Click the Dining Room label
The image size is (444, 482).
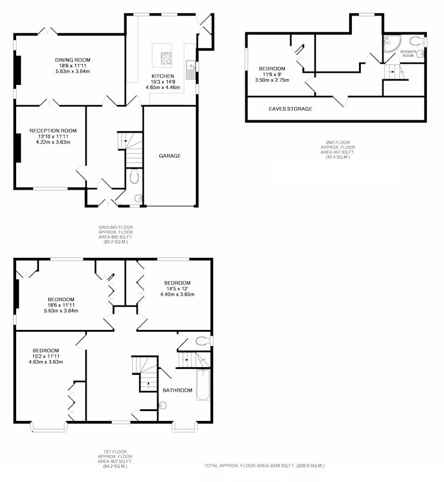pos(73,60)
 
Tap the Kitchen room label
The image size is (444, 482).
pos(163,76)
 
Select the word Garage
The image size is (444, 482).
pos(170,156)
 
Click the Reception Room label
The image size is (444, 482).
pos(53,131)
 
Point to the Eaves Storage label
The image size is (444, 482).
pos(290,109)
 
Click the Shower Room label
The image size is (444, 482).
pos(408,53)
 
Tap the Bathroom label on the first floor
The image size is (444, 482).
pos(178,390)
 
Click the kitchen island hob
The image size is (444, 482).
pos(166,58)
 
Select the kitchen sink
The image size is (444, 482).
pos(190,70)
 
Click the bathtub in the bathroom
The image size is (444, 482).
pos(203,385)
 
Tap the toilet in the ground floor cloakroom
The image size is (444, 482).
pos(134,177)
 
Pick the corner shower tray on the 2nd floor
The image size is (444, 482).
pos(392,44)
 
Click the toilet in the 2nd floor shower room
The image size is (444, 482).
pos(417,40)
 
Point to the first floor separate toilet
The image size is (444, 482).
pos(203,341)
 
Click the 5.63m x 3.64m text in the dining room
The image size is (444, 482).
pos(73,72)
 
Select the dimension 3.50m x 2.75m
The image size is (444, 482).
pos(272,80)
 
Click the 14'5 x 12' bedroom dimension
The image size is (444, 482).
pos(177,288)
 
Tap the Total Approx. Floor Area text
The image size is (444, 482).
pos(264,466)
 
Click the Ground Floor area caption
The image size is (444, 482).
pos(115,235)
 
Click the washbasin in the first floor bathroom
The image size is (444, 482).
pos(163,406)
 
